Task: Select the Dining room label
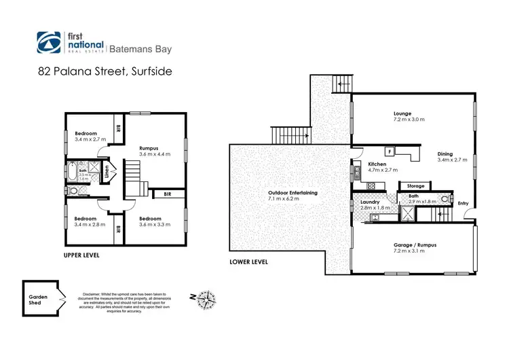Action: pyautogui.click(x=452, y=157)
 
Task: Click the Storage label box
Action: pyautogui.click(x=415, y=185)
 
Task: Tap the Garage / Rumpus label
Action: pyautogui.click(x=409, y=247)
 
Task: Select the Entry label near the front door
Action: pyautogui.click(x=463, y=203)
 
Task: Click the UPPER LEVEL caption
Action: pyautogui.click(x=81, y=255)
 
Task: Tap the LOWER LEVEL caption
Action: pyautogui.click(x=249, y=262)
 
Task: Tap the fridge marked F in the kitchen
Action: pyautogui.click(x=390, y=151)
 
